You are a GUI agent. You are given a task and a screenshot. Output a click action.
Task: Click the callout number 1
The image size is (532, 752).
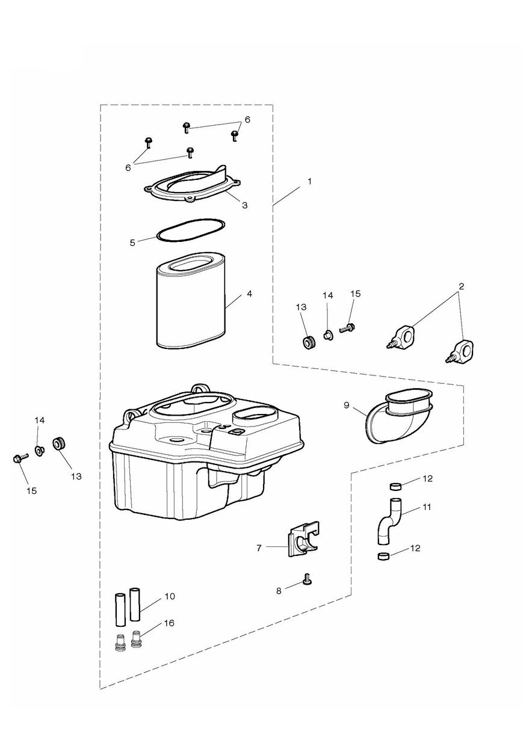[309, 181]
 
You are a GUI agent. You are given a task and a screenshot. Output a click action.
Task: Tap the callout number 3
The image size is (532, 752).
[245, 205]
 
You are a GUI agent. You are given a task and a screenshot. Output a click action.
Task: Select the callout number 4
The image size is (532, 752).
[249, 294]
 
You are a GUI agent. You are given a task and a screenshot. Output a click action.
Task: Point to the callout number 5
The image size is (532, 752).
[132, 242]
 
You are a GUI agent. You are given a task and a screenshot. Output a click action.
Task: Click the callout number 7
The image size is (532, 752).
[259, 548]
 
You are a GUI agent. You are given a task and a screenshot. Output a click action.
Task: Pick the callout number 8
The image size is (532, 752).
[279, 591]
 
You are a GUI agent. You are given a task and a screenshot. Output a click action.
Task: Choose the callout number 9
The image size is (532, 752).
[347, 405]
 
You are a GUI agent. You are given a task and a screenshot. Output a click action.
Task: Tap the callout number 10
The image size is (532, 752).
[170, 596]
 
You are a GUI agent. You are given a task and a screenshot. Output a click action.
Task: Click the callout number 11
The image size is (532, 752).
[427, 507]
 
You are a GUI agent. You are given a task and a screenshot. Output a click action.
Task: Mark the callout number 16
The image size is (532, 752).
[169, 623]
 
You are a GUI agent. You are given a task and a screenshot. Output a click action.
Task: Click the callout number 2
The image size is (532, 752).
[462, 286]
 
